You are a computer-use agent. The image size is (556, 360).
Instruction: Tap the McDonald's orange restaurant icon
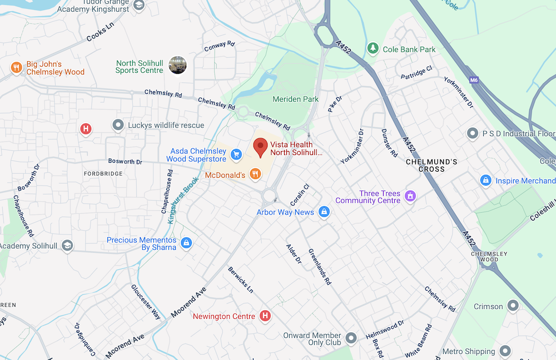coord(255,174)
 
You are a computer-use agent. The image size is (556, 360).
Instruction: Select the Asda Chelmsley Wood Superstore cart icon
coord(236,154)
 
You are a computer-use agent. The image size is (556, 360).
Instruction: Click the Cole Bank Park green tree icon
coord(373,49)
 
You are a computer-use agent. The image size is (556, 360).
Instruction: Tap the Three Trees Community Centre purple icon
coord(411,196)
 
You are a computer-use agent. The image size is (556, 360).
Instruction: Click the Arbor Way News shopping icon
coord(324,212)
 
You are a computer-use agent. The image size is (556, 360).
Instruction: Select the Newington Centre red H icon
coord(265,316)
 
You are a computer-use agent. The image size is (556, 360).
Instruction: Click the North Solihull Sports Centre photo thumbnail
coord(177,65)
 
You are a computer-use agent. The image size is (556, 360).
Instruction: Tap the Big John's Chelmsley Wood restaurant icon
coord(16,68)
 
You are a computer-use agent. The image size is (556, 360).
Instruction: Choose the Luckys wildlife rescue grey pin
coord(117,126)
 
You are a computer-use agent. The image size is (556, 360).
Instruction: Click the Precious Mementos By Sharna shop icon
coord(186,243)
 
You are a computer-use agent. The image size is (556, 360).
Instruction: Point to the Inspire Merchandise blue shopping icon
coord(485,181)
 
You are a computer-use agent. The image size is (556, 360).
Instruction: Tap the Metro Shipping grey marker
coord(505,351)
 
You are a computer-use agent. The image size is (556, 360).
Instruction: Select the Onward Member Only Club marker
coord(351,338)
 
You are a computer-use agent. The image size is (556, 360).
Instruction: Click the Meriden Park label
coord(296,99)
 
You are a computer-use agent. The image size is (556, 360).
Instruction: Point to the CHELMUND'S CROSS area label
coord(432,165)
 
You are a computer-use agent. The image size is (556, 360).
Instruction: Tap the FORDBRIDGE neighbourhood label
coord(103,174)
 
